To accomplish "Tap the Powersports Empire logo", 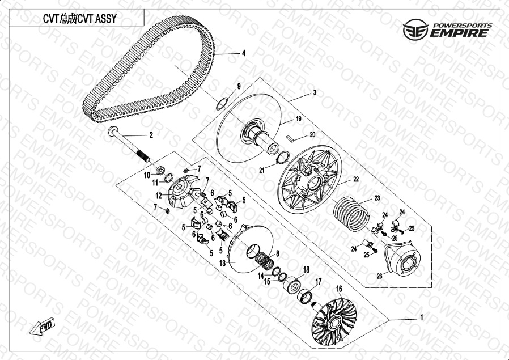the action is [448, 29].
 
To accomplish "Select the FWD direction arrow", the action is [42, 325].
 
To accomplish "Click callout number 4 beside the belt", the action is [243, 53].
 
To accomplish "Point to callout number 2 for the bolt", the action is [151, 135].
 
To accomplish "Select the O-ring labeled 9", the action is [222, 104].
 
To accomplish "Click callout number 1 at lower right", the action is [421, 317].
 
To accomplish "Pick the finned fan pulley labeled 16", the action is [334, 317].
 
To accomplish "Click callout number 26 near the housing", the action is [379, 276].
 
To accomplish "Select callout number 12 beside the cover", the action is [159, 196].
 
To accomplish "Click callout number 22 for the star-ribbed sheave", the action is [356, 179].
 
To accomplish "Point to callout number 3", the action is [314, 93].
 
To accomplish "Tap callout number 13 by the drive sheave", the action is [222, 263].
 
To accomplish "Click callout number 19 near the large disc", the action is [298, 119].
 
